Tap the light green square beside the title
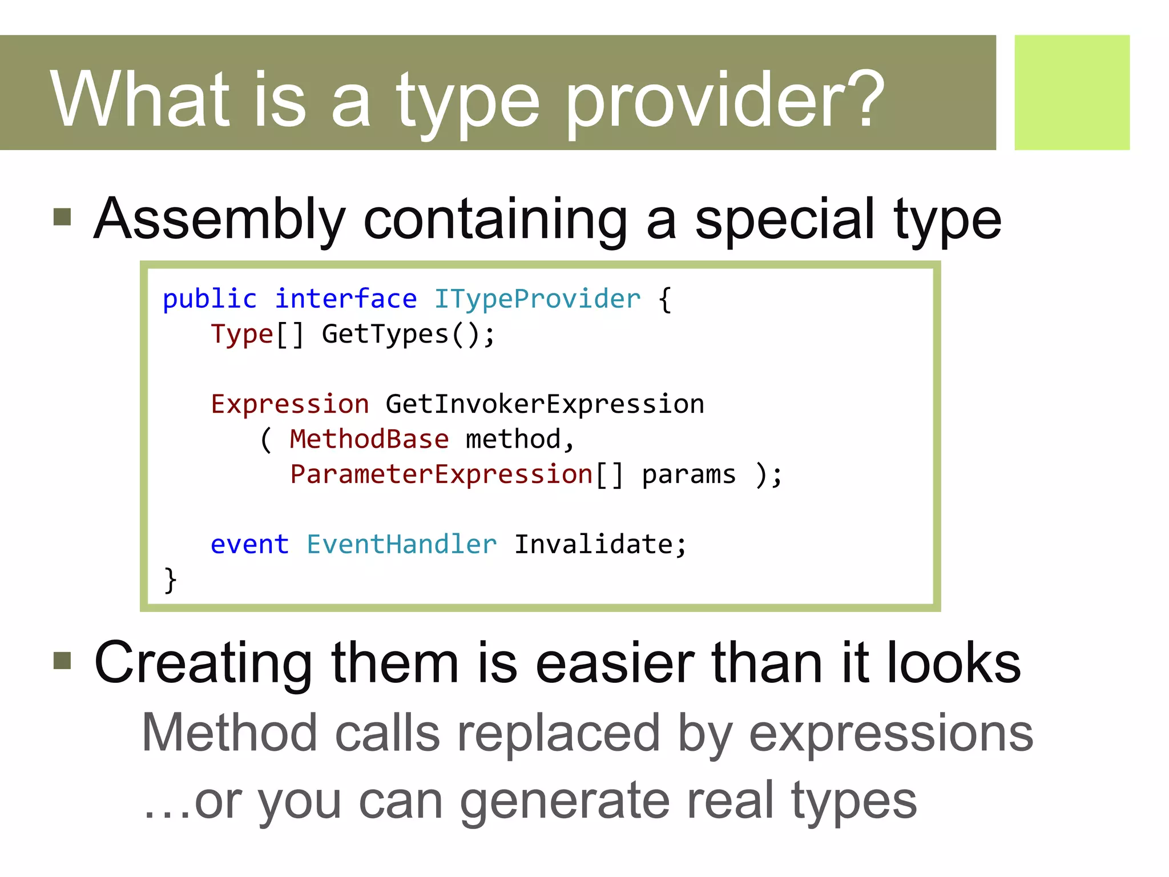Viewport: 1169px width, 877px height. coord(1071,92)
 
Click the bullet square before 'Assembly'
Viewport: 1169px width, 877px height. coord(62,217)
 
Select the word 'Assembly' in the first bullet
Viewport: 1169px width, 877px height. coord(220,220)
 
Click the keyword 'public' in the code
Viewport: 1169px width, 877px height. coord(209,299)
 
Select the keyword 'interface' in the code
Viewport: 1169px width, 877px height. coord(346,299)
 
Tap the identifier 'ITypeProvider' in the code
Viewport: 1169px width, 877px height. coord(537,299)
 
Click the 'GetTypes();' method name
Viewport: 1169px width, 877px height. coord(408,334)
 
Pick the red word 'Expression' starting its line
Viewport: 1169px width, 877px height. coord(290,404)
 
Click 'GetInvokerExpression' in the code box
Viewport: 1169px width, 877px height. coord(545,404)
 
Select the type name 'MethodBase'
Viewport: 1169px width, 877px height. coord(369,439)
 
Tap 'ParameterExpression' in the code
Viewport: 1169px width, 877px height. coord(441,474)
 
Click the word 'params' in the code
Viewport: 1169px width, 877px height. coord(689,474)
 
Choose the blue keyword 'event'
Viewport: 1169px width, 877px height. coord(249,544)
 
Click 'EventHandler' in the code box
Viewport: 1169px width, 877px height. coord(401,544)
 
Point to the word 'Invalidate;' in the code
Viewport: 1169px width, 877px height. coord(600,544)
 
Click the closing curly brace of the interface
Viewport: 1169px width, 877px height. coord(170,580)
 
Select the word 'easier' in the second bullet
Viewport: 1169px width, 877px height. coord(615,662)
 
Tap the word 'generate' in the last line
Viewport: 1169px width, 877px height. coord(565,800)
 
